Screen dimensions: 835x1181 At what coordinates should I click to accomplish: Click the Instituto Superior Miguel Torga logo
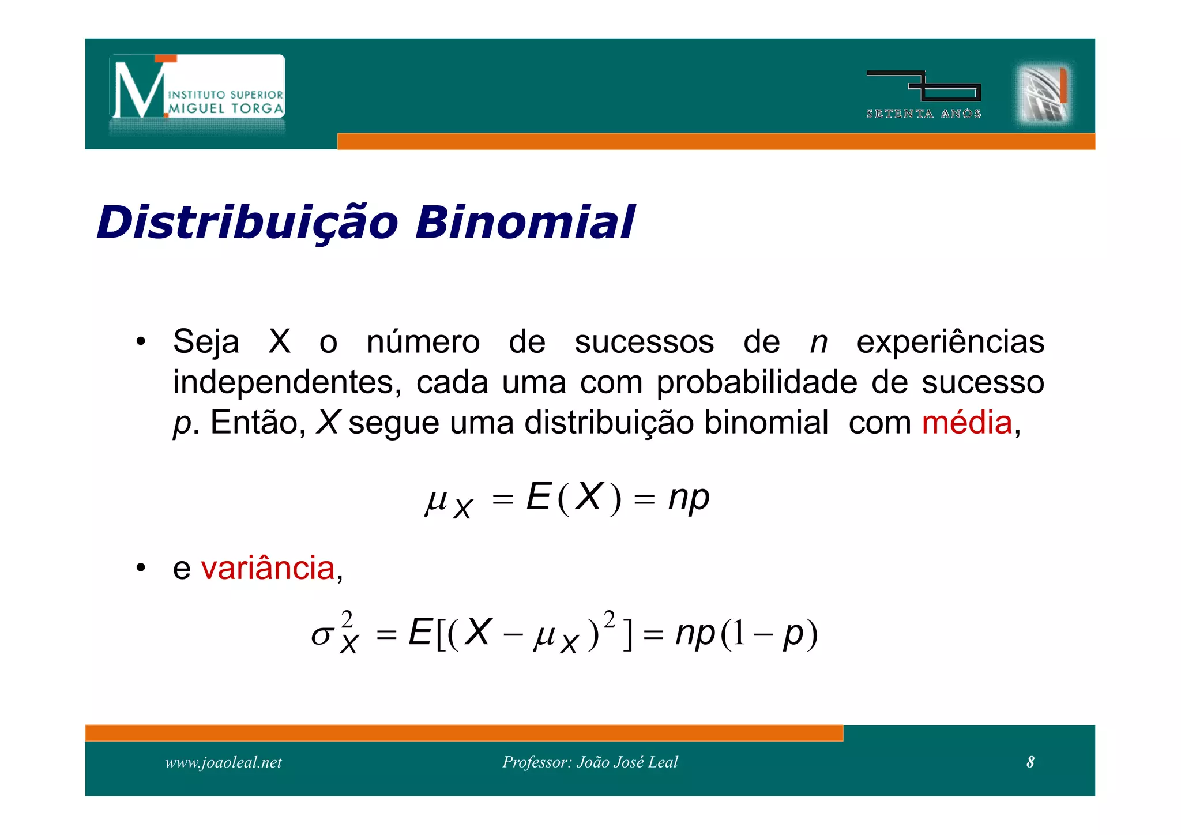[x=197, y=87]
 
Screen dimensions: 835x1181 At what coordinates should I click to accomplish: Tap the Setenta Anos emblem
[x=923, y=94]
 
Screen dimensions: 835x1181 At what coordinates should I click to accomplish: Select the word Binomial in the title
[x=525, y=223]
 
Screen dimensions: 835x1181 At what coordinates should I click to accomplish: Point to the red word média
[x=967, y=423]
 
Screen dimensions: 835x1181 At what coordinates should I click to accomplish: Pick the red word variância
[x=268, y=569]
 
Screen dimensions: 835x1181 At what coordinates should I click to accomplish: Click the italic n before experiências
[x=818, y=342]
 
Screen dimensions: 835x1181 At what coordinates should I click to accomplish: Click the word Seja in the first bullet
[x=206, y=342]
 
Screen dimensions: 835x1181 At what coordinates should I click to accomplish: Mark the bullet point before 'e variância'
[x=141, y=569]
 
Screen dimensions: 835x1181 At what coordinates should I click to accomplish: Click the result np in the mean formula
[x=689, y=497]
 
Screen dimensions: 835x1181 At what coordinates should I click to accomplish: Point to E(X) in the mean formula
[x=573, y=497]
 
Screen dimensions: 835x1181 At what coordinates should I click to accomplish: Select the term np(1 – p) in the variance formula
[x=746, y=634]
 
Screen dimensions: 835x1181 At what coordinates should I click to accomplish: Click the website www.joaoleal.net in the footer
[x=223, y=762]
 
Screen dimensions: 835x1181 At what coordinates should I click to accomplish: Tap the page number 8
[x=1030, y=762]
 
